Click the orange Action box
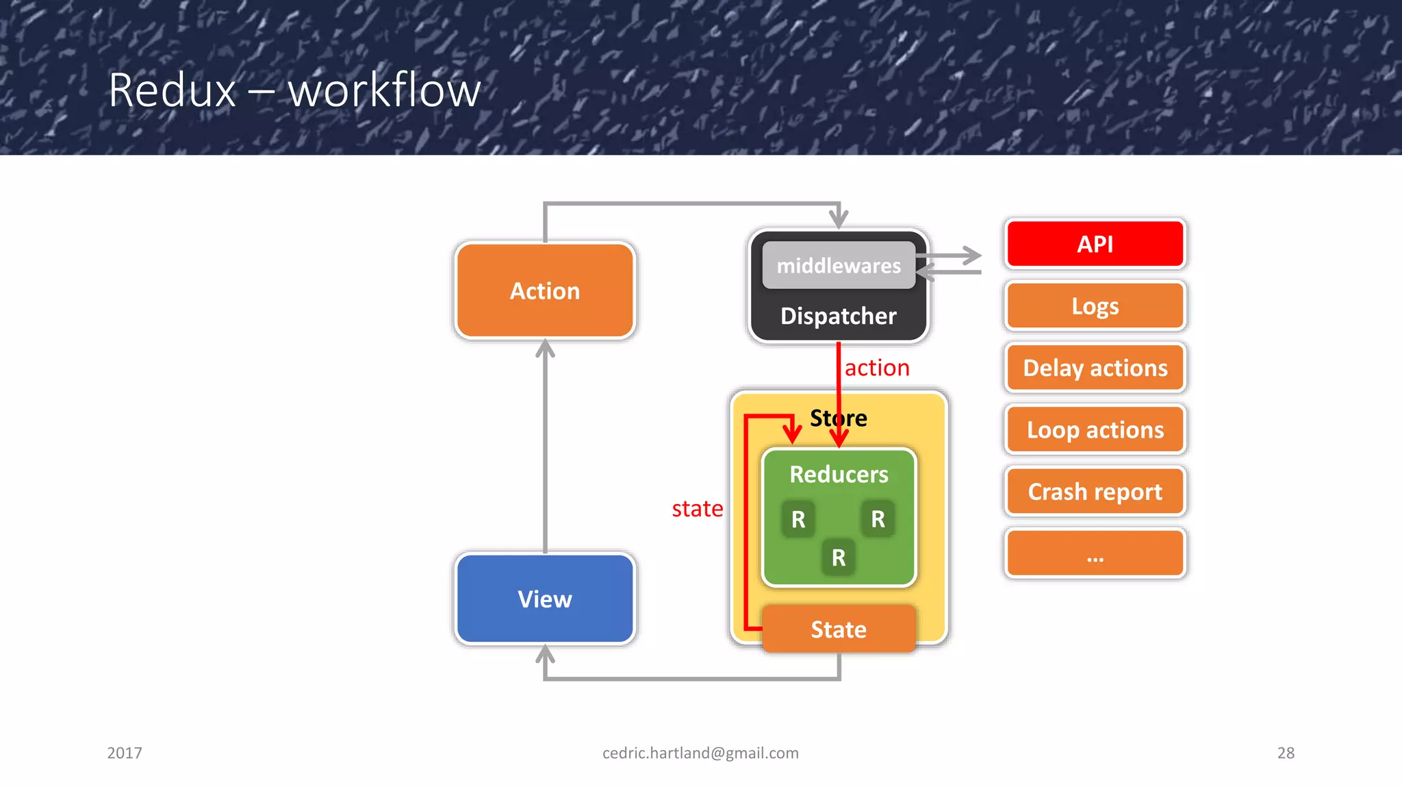[545, 291]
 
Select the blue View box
[545, 599]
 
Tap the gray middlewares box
[839, 266]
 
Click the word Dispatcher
[839, 316]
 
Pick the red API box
[1095, 244]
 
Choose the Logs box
[1095, 306]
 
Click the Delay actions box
[1095, 368]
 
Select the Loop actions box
[1095, 430]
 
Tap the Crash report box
[1095, 492]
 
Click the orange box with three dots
[1095, 553]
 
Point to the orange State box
[839, 629]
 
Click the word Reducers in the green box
[839, 475]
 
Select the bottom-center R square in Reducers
[839, 558]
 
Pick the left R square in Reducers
[798, 519]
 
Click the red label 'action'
[877, 368]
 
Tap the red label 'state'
[697, 509]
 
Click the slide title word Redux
[172, 90]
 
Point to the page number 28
[1286, 753]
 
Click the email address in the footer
[700, 753]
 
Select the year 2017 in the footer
[125, 753]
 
